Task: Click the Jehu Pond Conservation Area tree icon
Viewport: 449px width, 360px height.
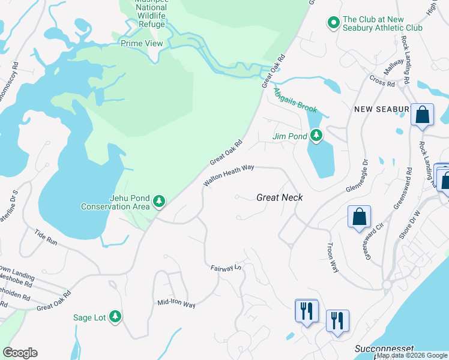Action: pos(159,201)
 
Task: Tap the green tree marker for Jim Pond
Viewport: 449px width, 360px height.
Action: pos(316,136)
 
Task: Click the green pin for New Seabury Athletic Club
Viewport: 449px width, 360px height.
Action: pos(333,23)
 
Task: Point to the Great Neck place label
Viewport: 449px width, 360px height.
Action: pos(279,197)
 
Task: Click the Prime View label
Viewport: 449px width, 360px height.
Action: pos(142,43)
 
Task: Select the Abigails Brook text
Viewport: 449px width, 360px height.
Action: pos(295,100)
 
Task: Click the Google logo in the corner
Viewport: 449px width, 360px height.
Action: pos(20,353)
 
